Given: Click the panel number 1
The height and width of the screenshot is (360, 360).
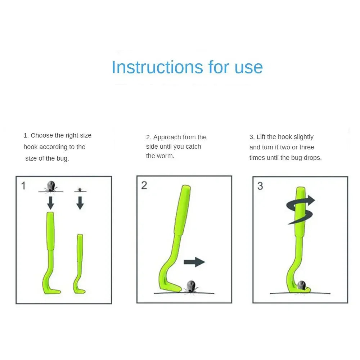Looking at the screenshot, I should point(23,186).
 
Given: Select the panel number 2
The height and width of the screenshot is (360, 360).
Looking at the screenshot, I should point(144,185).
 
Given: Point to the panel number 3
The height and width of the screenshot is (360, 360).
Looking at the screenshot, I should point(260,186).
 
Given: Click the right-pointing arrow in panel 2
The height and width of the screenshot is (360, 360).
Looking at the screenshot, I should point(194,262).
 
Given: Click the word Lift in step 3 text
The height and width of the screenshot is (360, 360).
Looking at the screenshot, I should point(261,137).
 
